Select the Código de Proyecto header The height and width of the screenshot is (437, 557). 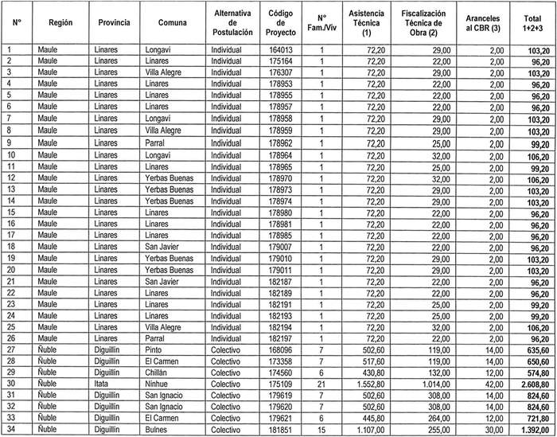(x=282, y=24)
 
